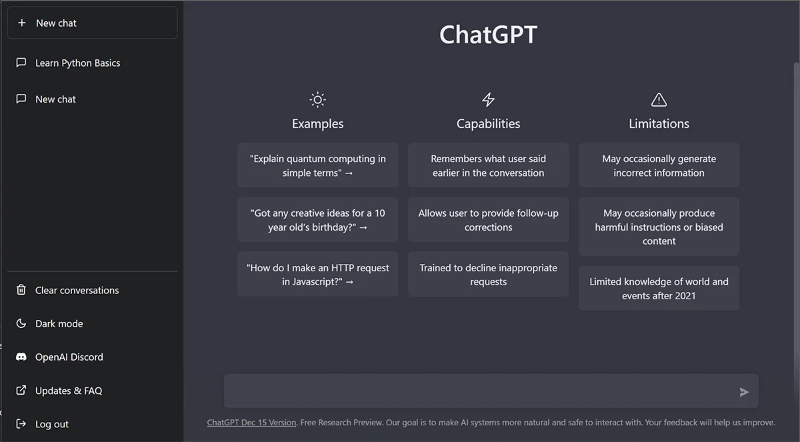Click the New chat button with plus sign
(x=92, y=23)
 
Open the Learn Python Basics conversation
(x=77, y=63)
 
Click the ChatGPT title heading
(x=488, y=35)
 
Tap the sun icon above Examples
(x=317, y=100)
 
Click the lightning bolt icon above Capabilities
(x=488, y=100)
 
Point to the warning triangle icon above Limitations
(x=659, y=100)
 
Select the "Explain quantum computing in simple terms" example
(x=317, y=165)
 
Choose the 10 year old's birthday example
(x=317, y=220)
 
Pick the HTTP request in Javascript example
(x=317, y=275)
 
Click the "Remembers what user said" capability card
(x=488, y=165)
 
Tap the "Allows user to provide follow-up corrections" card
(x=488, y=220)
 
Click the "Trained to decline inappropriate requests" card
(x=488, y=275)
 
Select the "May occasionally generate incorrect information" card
(x=659, y=165)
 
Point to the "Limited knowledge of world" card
(x=659, y=289)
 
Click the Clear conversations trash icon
(x=21, y=290)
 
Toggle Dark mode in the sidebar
(x=59, y=324)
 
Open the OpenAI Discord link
(x=69, y=357)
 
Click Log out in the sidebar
(x=51, y=425)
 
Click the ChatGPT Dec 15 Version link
(x=251, y=423)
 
